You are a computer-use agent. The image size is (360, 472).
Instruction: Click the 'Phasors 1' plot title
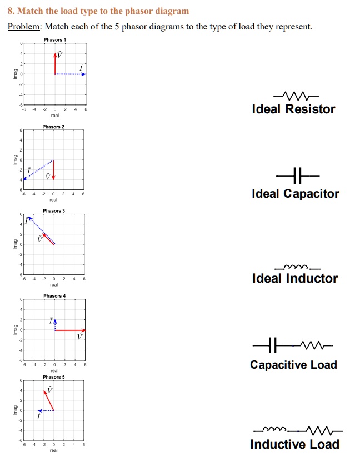[54, 40]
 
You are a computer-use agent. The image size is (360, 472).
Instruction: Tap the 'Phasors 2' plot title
[53, 127]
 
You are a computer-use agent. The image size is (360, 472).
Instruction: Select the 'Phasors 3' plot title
[54, 211]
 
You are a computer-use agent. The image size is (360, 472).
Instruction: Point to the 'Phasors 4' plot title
[54, 296]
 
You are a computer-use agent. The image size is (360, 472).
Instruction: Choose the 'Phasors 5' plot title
[54, 377]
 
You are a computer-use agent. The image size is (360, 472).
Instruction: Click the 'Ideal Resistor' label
[293, 109]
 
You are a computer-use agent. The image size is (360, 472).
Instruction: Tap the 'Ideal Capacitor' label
[295, 194]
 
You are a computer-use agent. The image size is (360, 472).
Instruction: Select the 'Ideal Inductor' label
[294, 278]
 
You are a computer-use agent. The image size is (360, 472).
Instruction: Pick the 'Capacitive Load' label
[293, 365]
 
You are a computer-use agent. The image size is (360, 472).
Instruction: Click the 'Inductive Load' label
[294, 444]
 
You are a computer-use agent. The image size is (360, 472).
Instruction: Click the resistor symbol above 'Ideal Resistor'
[293, 94]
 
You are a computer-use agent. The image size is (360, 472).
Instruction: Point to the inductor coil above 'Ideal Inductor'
[293, 265]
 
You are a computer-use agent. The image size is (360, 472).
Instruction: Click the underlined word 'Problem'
[23, 27]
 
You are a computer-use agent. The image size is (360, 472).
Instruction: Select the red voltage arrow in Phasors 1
[55, 64]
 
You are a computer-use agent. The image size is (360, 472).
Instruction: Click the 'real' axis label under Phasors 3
[54, 285]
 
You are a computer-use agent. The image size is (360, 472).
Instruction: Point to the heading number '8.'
[11, 11]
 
